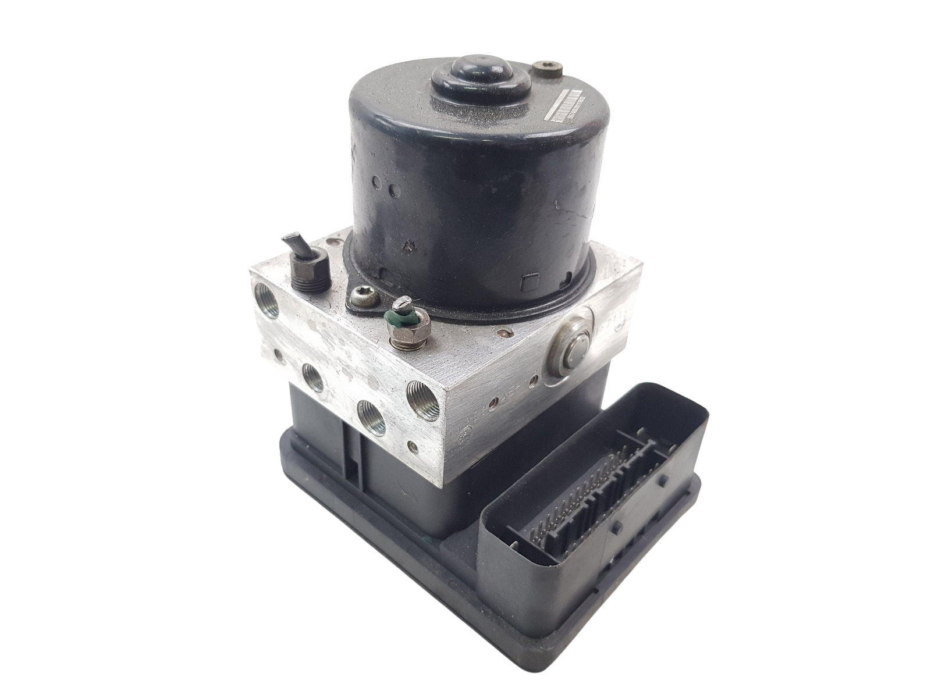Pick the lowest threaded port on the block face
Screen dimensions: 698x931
click(369, 414)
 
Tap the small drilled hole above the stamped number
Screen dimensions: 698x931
click(494, 401)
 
